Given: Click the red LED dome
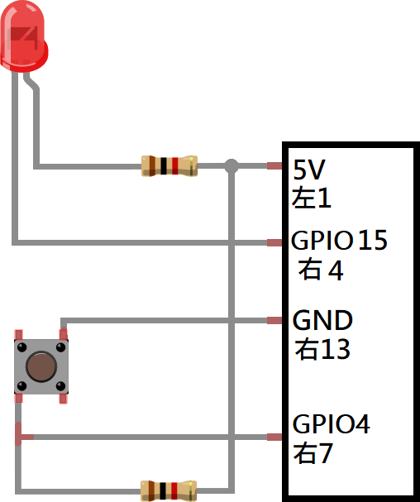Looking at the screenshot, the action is click(24, 36).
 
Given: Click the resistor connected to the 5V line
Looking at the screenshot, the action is click(169, 166).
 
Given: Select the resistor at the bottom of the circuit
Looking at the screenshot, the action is click(169, 490).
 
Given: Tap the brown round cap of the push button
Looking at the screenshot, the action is click(41, 367).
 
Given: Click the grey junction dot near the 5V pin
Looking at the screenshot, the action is click(231, 166).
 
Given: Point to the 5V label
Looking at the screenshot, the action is click(309, 170).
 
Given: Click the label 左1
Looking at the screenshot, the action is click(311, 198).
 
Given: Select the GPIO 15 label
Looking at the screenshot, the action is click(339, 240).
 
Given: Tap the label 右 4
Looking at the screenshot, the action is click(321, 270).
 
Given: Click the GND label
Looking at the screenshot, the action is click(322, 320).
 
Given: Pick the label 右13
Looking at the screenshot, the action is click(322, 349).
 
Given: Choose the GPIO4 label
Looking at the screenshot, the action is click(331, 424).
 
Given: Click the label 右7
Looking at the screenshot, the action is click(313, 453).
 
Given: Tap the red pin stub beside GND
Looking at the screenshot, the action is click(274, 321).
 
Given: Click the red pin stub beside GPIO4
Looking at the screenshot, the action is click(274, 437).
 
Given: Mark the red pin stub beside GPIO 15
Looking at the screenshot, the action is click(274, 242).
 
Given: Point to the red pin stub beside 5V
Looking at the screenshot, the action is click(274, 166).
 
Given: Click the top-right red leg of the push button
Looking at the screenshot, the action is click(64, 334).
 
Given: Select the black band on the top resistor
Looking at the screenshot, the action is click(164, 166).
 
